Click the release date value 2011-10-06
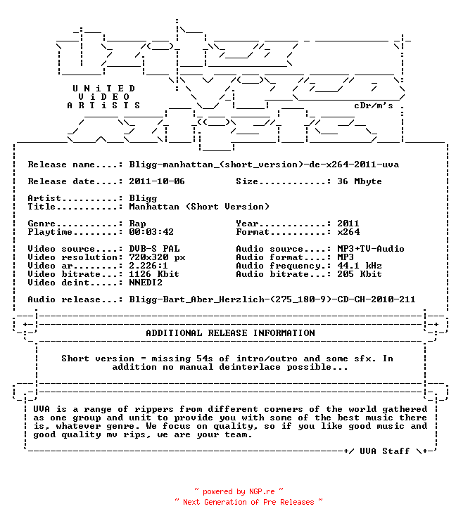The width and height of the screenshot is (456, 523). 156,181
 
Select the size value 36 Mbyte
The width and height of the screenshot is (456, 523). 359,181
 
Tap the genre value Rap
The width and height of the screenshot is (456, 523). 137,224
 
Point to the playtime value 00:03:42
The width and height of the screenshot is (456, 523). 151,231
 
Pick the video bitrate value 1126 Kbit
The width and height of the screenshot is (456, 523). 154,274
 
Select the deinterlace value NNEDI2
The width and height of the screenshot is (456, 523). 146,282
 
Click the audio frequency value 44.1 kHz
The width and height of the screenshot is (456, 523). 359,266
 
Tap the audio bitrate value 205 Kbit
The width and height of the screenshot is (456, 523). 359,274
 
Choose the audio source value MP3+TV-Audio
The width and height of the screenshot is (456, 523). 371,248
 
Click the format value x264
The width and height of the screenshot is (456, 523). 348,231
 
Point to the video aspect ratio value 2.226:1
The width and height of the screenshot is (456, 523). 148,266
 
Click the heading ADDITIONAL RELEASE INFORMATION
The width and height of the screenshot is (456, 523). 230,333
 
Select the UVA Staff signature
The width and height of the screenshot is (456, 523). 384,451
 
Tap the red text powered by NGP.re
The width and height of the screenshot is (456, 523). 239,491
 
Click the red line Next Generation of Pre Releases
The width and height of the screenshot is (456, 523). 248,502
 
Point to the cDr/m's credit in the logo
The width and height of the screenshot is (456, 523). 374,105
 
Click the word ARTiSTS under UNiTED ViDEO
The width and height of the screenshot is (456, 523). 103,105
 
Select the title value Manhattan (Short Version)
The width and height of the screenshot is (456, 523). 199,207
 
